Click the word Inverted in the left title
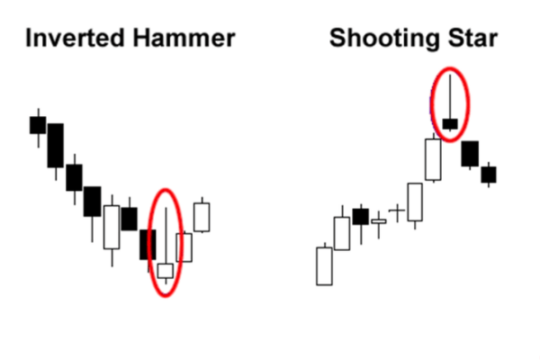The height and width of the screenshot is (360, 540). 75,38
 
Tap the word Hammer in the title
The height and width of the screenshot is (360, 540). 184,38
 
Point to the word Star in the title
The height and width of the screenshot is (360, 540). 472,38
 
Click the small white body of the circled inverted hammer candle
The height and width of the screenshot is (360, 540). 166,271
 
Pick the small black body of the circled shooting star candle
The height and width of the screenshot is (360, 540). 450,124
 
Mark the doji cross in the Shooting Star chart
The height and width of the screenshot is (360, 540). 397,211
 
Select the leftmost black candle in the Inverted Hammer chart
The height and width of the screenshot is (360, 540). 38,125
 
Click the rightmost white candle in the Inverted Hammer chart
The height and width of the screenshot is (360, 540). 202,217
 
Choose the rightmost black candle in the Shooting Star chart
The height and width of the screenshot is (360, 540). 489,175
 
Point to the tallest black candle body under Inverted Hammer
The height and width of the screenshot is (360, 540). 56,146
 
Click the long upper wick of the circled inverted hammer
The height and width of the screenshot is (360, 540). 166,236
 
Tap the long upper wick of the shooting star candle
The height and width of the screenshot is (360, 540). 450,97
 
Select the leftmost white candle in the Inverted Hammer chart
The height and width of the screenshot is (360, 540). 112,227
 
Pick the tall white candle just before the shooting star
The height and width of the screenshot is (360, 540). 433,159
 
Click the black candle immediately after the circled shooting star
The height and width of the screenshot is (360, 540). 470,154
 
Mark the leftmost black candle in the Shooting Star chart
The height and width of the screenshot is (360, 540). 361,217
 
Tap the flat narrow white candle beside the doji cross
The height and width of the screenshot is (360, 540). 379,221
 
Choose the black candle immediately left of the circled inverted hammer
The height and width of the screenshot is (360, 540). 148,245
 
